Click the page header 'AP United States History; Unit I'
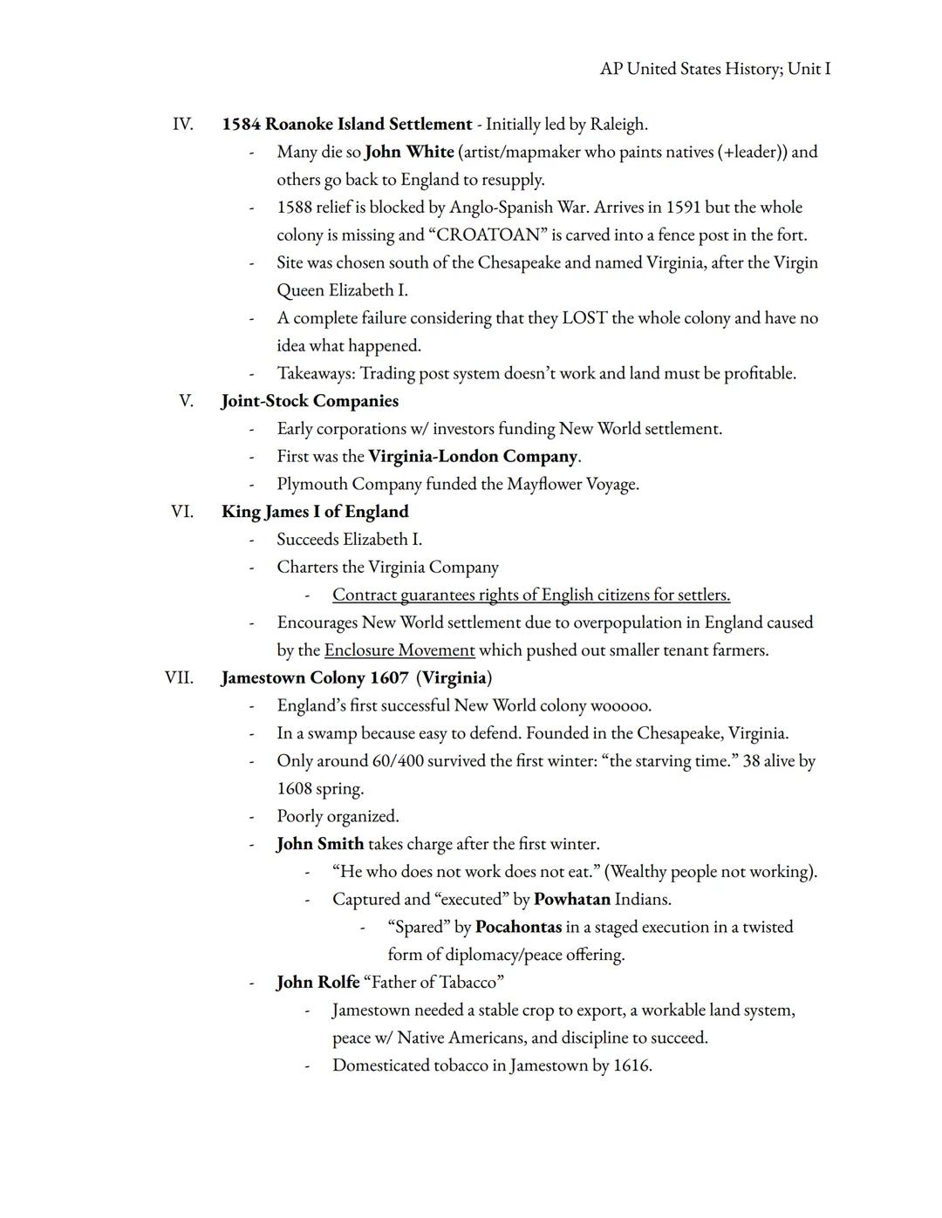715,68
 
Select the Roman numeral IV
182,124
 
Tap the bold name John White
409,152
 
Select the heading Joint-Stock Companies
310,401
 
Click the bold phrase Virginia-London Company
473,456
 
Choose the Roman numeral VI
182,511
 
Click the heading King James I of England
315,511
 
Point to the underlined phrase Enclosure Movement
399,650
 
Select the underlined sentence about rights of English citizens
531,595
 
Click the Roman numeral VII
179,677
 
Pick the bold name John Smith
320,844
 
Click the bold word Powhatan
572,899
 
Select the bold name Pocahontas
518,927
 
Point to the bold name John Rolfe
317,983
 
